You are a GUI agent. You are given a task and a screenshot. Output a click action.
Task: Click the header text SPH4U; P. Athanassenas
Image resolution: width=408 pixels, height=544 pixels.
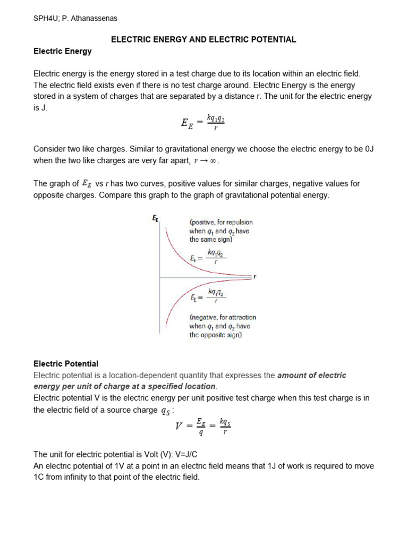(x=75, y=19)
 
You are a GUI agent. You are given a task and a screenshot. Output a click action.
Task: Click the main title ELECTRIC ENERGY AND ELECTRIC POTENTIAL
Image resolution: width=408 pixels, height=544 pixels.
(x=203, y=40)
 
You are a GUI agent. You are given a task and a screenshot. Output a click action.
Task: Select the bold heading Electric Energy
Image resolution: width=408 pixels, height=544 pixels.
(x=62, y=52)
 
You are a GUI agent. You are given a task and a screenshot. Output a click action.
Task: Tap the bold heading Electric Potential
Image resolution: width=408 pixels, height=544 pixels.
(x=66, y=364)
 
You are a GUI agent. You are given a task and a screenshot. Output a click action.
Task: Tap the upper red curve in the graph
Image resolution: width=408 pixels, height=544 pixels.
(x=176, y=254)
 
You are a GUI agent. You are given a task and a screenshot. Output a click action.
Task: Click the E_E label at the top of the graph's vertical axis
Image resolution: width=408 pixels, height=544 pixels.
(x=155, y=218)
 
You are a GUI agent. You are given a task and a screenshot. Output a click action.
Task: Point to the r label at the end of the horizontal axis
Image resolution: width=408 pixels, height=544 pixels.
(x=254, y=277)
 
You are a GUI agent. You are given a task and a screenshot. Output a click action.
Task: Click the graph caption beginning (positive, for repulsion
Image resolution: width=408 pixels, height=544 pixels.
(x=220, y=231)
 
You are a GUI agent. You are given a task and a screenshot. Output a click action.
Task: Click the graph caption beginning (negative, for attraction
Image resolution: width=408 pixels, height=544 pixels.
(x=222, y=326)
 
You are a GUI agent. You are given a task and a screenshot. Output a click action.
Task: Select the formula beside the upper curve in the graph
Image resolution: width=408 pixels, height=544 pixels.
(x=208, y=258)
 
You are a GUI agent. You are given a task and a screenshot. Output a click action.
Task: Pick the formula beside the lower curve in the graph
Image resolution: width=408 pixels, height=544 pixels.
(x=208, y=295)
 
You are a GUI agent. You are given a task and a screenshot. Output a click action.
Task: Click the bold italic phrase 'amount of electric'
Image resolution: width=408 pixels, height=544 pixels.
(x=311, y=375)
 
